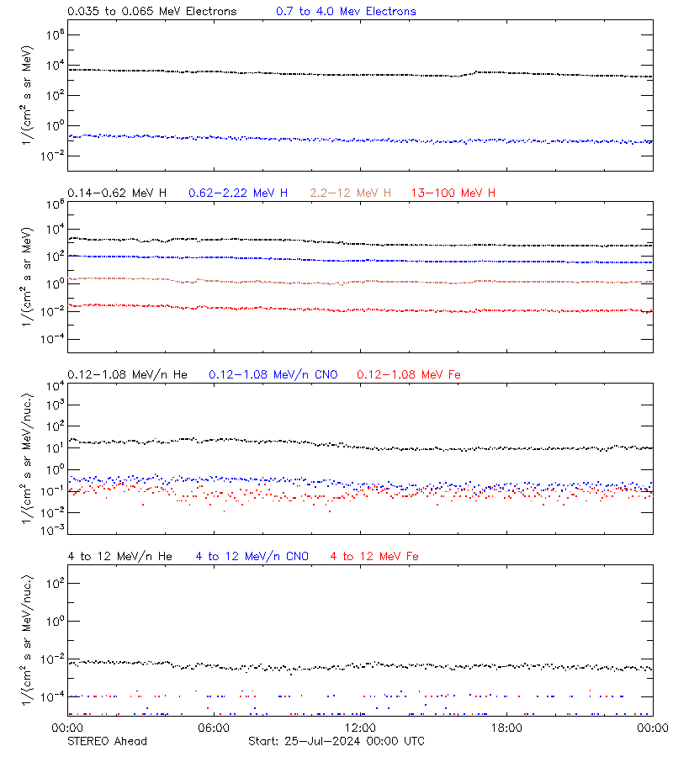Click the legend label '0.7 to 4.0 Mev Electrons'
coord(346,12)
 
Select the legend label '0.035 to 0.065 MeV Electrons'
coord(152,12)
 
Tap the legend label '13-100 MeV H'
coord(453,193)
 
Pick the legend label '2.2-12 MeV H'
coord(351,193)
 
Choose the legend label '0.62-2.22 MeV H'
coord(238,193)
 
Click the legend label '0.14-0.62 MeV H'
coord(117,193)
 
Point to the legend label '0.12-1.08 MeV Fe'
coord(409,374)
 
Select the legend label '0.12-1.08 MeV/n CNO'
coord(273,374)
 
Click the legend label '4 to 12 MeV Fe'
coord(375,556)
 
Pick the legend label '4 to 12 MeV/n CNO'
coord(252,556)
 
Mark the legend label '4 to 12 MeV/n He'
coord(119,556)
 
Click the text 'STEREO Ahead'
coord(107,741)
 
